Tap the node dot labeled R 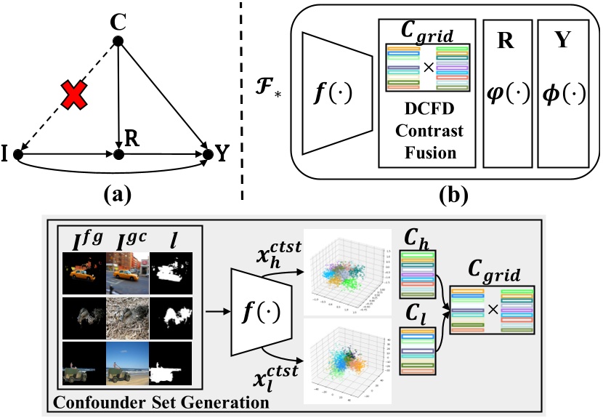[x=118, y=154]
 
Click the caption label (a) [x=116, y=192]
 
